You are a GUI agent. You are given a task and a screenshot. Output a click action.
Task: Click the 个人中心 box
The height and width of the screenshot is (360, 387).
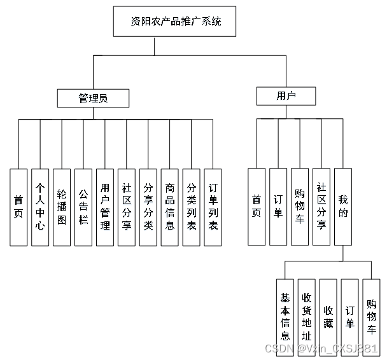click(41, 207)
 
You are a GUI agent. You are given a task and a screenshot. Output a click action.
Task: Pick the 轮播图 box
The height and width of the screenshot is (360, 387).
click(62, 207)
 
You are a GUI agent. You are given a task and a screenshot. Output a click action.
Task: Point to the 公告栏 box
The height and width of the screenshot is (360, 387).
click(83, 207)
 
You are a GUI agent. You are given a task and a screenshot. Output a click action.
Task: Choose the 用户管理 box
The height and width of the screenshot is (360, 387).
click(105, 207)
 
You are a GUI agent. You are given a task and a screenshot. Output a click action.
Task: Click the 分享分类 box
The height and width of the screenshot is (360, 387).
click(148, 207)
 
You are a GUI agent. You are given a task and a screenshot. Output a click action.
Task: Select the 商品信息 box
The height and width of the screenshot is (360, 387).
click(170, 207)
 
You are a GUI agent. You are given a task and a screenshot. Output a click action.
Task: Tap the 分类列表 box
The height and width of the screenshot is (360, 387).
click(192, 207)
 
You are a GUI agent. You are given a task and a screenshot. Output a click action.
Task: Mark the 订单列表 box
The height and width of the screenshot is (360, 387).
click(213, 207)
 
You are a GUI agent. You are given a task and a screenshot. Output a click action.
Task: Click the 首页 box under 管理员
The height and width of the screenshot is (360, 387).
click(19, 207)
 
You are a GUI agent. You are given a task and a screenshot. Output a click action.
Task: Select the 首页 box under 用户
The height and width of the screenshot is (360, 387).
click(257, 207)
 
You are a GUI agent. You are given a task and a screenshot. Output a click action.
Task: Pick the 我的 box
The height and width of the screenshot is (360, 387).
click(343, 207)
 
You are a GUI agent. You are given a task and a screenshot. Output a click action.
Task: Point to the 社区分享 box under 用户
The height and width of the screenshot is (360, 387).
click(321, 207)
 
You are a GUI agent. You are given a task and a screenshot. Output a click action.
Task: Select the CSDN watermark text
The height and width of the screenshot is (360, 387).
click(321, 349)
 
